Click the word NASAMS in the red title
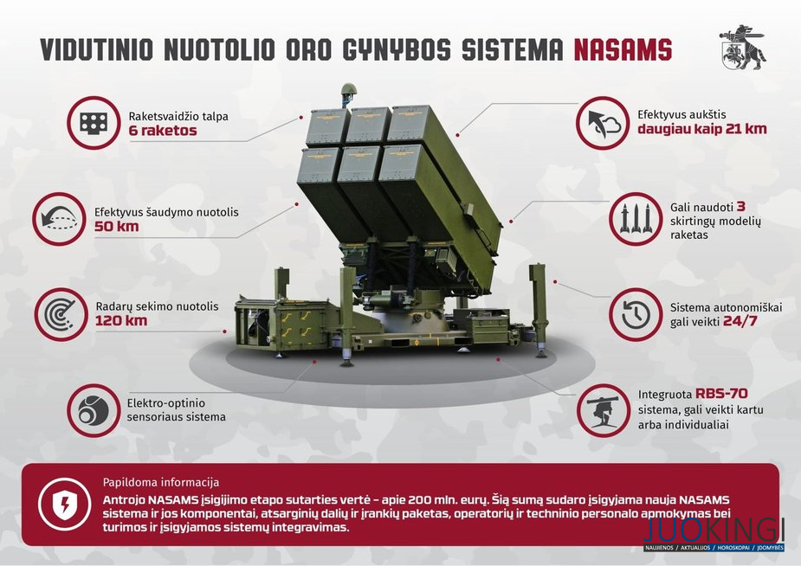pos(623,49)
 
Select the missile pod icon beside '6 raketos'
pos(94,123)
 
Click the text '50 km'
pos(117,227)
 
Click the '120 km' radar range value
pos(121,321)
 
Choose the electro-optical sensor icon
pos(94,410)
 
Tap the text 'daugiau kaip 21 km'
pos(702,129)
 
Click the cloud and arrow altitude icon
pos(603,123)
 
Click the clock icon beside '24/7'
pos(636,314)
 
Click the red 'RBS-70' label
pos(721,394)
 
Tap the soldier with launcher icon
pos(604,410)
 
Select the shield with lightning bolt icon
pos(65,505)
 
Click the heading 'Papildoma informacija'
pos(161,482)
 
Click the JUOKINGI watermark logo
pos(714,534)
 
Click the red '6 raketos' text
pos(163,131)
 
